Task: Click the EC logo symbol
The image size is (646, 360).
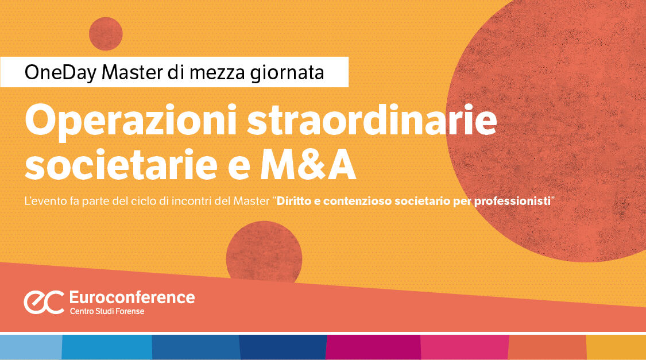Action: pos(44,301)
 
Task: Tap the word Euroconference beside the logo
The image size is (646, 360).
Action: pos(131,297)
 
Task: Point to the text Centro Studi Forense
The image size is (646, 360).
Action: pos(107,311)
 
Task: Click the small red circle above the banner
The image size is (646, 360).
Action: pos(106,34)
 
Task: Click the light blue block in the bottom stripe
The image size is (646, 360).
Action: pos(30,347)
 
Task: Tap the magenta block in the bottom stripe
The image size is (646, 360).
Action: pos(373,347)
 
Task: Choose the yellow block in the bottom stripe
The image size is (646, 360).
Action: pos(616,347)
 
